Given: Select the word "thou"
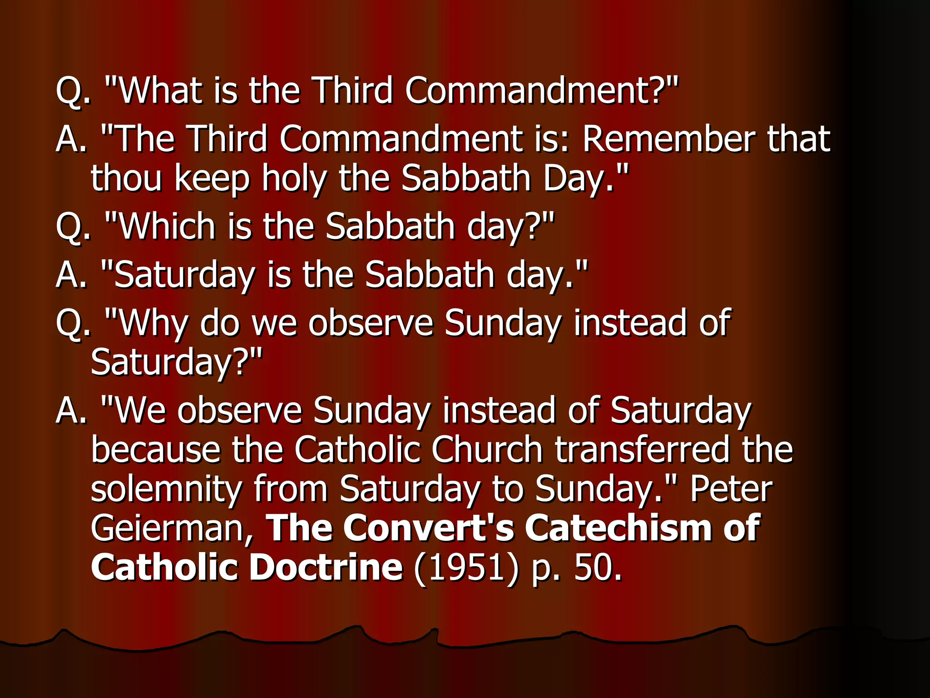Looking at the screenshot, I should pos(126,178).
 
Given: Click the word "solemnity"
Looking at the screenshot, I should pos(166,489).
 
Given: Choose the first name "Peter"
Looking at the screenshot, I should pos(731,489).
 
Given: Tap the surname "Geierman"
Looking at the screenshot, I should pos(172,528).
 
